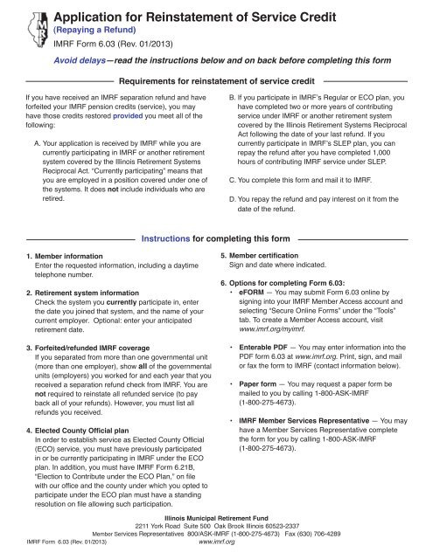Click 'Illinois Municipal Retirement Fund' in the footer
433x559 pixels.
(x=216, y=518)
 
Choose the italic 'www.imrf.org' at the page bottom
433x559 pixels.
(x=216, y=543)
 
